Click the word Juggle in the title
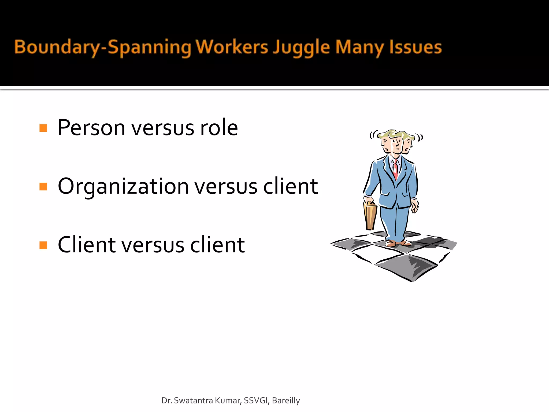coord(301,47)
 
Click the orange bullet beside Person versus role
coord(43,128)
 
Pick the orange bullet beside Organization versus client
coord(43,186)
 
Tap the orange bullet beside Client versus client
coord(43,245)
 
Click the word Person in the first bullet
coord(91,128)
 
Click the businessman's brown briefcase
coord(370,216)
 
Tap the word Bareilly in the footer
coord(286,400)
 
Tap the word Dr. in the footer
coord(166,400)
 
